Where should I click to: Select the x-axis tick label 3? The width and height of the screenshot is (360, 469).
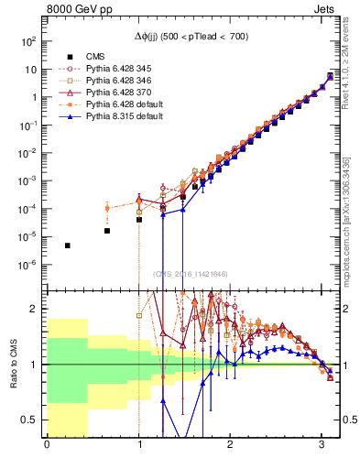pyautogui.click(x=322, y=446)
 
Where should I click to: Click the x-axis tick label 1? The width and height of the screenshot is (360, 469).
pyautogui.click(x=139, y=446)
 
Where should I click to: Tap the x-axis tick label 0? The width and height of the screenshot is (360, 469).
pyautogui.click(x=47, y=446)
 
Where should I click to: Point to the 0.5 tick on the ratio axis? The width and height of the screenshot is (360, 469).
pyautogui.click(x=33, y=420)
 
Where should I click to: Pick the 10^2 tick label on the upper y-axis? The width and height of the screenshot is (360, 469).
pyautogui.click(x=30, y=42)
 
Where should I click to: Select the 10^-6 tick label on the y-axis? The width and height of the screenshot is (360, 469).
pyautogui.click(x=30, y=265)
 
